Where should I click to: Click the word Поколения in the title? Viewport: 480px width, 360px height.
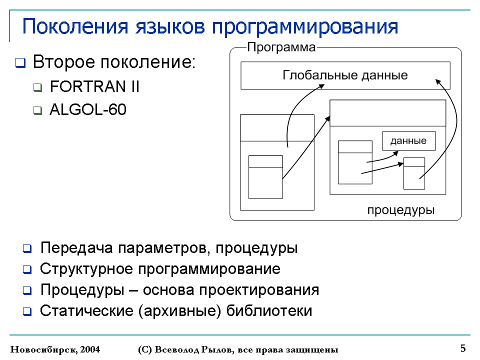pos(75,26)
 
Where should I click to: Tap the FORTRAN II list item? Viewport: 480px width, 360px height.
pos(94,86)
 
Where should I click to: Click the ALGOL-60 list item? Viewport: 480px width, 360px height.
pos(88,109)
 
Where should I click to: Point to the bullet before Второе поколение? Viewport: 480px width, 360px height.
pos(20,63)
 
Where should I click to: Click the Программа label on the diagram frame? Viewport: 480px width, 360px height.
pos(281,47)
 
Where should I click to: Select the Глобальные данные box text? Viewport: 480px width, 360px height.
pos(345,75)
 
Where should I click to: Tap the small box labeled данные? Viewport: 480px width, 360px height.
pos(408,141)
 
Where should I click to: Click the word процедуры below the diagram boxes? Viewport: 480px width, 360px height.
pos(400,210)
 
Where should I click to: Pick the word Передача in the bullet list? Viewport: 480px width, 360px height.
pos(76,247)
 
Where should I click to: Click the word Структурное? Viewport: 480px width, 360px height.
pos(86,269)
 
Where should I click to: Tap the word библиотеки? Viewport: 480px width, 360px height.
pos(269,310)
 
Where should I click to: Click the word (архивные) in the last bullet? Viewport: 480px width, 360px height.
pos(179,311)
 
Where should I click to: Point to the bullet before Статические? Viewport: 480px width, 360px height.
pos(27,312)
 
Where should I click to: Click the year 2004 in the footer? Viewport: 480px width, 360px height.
pos(90,349)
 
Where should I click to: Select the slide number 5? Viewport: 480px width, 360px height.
pos(463,348)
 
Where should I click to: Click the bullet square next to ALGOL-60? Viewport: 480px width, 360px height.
pos(37,110)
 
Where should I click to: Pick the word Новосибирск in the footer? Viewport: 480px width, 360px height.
pos(43,349)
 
